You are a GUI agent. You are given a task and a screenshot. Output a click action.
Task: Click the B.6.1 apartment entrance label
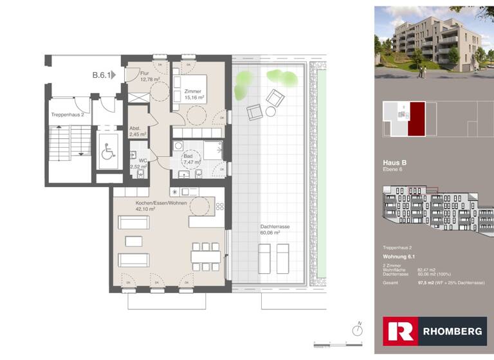(x=101, y=75)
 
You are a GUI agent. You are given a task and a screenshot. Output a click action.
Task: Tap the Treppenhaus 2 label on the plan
(x=68, y=114)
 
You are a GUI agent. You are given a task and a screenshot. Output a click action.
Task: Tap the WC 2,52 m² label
(x=138, y=163)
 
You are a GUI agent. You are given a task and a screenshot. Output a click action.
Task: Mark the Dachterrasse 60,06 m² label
(x=270, y=230)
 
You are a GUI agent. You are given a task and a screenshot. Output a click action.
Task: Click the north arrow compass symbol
(x=357, y=328)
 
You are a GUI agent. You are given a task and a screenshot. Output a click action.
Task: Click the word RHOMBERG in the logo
(x=452, y=332)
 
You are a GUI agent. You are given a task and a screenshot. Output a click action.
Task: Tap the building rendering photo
(x=434, y=42)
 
